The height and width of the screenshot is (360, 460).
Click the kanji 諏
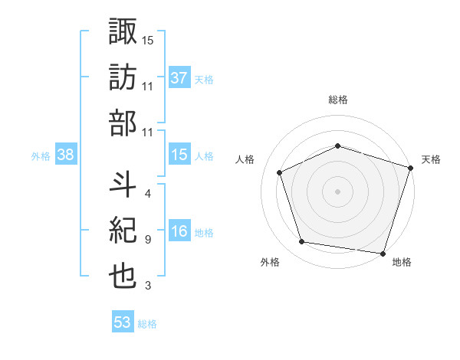point(123,33)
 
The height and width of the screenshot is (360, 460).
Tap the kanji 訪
point(123,79)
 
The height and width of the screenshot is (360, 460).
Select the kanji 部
point(123,125)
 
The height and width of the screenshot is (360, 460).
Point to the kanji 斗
point(123,185)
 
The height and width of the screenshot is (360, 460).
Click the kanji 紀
point(123,231)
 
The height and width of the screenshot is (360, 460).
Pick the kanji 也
point(123,277)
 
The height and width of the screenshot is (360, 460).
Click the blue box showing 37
point(179,78)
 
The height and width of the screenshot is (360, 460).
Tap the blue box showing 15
point(179,155)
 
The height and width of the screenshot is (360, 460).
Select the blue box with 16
point(179,232)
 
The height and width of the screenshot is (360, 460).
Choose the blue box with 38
point(66,155)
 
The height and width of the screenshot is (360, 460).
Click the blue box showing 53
point(123,322)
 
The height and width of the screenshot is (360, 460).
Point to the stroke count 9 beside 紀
point(147,240)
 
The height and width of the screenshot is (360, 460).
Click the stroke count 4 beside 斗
point(147,193)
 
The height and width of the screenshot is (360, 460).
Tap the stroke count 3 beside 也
point(147,286)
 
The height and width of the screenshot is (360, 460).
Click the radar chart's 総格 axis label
point(338,100)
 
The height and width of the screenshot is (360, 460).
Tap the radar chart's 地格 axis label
point(402,262)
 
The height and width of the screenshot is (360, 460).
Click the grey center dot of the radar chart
point(338,191)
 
